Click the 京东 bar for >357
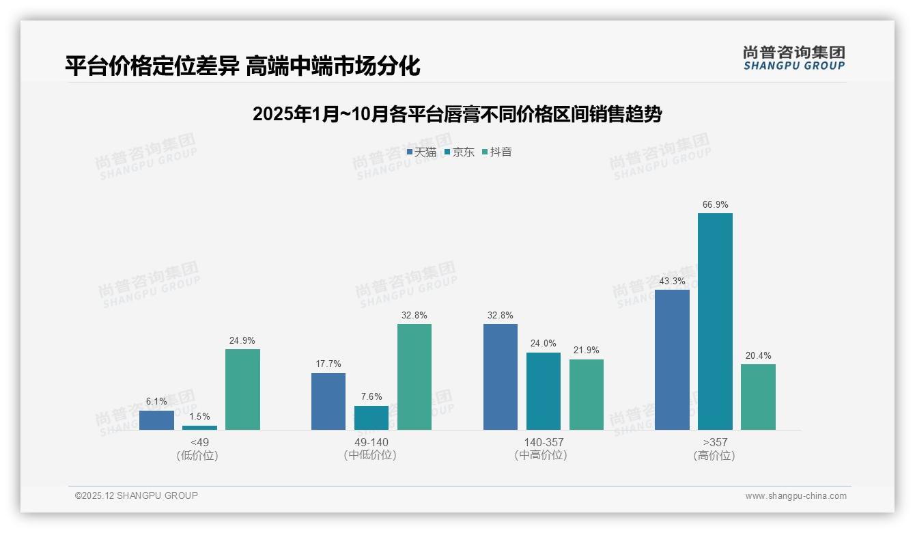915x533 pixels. point(715,321)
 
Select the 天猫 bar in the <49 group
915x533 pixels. point(156,420)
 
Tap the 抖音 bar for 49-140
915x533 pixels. point(414,377)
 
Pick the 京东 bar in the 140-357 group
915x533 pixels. point(544,391)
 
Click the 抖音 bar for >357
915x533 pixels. point(758,397)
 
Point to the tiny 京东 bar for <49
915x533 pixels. point(199,428)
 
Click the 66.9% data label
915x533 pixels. point(715,204)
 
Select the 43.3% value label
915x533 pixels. point(672,281)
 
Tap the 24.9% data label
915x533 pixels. point(242,340)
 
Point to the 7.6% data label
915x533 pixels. point(371,396)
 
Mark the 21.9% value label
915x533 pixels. point(587,351)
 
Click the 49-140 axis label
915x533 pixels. point(371,442)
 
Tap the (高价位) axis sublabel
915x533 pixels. point(714,456)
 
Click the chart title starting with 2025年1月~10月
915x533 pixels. point(457,114)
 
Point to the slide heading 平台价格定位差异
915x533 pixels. point(242,66)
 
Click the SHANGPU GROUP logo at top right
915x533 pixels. point(793,57)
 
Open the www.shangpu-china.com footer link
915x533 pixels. point(796,496)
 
